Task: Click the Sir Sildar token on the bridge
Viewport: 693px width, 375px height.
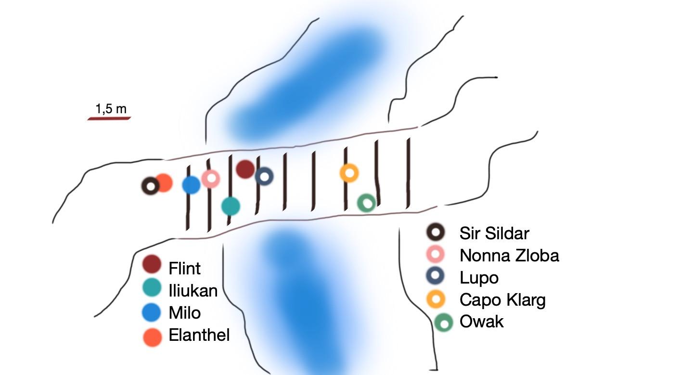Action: pyautogui.click(x=151, y=186)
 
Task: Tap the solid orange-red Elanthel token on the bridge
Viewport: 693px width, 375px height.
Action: pyautogui.click(x=164, y=183)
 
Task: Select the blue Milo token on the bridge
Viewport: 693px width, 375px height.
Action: pyautogui.click(x=191, y=185)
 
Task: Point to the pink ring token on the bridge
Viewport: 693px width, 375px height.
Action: pyautogui.click(x=211, y=179)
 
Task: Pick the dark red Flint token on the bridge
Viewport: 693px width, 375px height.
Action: pyautogui.click(x=245, y=169)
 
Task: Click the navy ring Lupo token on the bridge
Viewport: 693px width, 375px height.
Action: pyautogui.click(x=264, y=176)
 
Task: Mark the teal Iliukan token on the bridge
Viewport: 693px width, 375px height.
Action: pyautogui.click(x=231, y=206)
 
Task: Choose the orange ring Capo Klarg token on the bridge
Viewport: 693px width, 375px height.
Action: pyautogui.click(x=349, y=173)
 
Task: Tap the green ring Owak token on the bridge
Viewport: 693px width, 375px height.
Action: pyautogui.click(x=366, y=203)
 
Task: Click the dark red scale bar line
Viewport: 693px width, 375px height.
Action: pyautogui.click(x=109, y=118)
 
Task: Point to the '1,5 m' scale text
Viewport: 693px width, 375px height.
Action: pyautogui.click(x=111, y=109)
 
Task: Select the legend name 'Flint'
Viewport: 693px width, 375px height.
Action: pyautogui.click(x=184, y=268)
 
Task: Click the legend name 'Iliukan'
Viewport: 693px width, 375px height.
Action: pyautogui.click(x=193, y=291)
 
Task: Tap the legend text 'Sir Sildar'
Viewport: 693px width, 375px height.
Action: pyautogui.click(x=494, y=233)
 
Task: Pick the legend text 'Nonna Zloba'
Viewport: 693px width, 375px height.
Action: pyautogui.click(x=509, y=256)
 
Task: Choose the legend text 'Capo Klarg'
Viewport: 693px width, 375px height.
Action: pyautogui.click(x=502, y=300)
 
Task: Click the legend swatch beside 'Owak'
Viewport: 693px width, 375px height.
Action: pyautogui.click(x=444, y=323)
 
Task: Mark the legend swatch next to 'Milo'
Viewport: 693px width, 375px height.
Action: pyautogui.click(x=152, y=313)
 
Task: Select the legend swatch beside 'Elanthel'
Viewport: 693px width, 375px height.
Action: pyautogui.click(x=153, y=337)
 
